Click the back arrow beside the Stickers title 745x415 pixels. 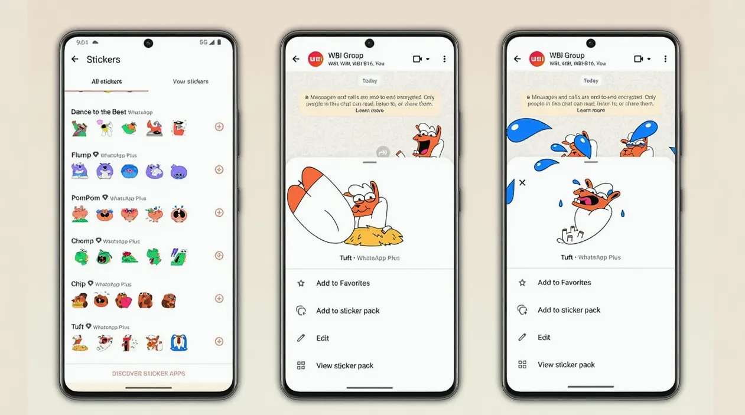coord(75,59)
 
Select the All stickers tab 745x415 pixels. coord(106,81)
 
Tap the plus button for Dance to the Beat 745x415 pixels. coord(219,126)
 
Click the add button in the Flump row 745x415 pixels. coord(219,169)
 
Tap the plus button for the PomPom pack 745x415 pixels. coord(219,213)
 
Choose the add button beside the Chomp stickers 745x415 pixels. coord(219,256)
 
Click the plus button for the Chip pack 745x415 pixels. coord(219,299)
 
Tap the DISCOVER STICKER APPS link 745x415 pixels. coord(149,374)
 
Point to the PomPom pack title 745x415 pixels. coord(86,198)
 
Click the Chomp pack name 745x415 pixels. coord(82,241)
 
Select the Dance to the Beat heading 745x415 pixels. coord(99,112)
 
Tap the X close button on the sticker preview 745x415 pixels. coord(522,183)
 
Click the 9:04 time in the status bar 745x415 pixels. coord(82,43)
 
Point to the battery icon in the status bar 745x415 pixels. coord(219,43)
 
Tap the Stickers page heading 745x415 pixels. coord(103,59)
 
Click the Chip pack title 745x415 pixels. coord(78,284)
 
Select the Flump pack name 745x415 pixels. coord(81,155)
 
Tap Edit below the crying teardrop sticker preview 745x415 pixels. coord(544,338)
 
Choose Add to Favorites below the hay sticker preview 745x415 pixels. coord(343,283)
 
